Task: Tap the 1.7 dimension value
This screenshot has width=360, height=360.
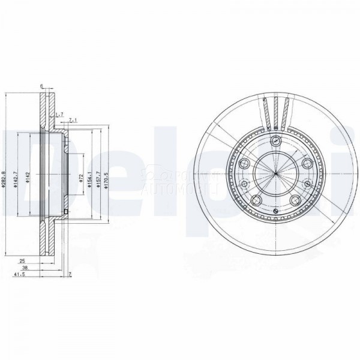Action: (58, 113)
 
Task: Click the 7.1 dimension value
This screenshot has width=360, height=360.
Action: (73, 121)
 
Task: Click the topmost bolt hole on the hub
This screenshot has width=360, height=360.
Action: (275, 142)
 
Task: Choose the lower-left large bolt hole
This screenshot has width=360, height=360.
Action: (256, 201)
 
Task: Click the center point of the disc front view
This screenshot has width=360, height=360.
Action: (275, 174)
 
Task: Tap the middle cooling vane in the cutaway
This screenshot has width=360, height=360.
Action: (275, 113)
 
